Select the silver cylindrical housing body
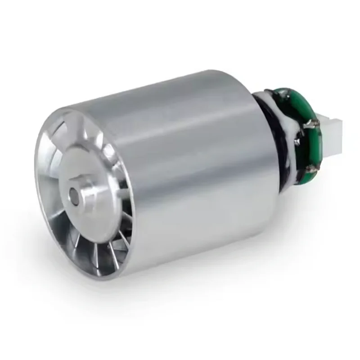[193, 171]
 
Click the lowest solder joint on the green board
[310, 170]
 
